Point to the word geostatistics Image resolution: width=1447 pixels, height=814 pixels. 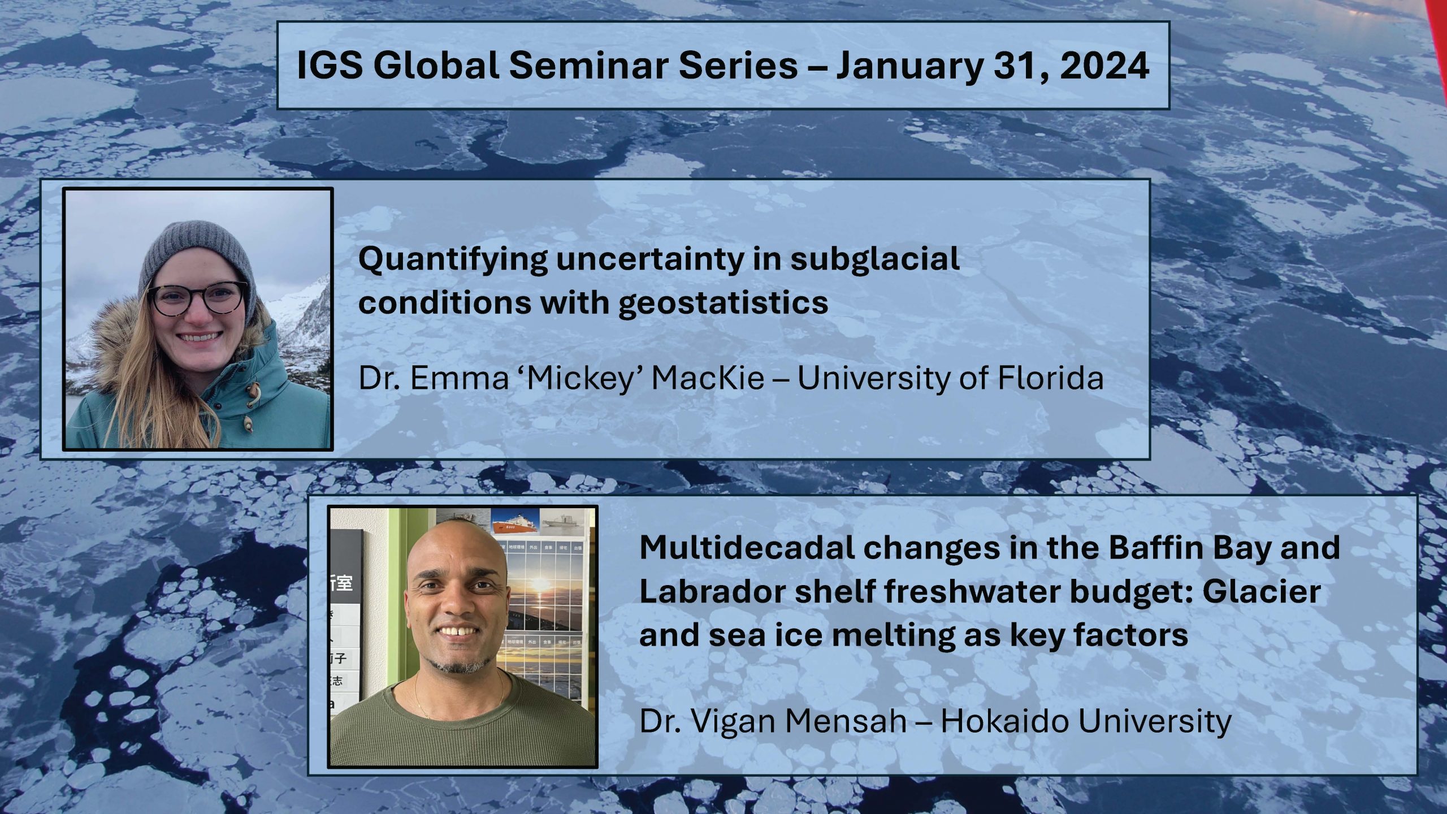pos(723,304)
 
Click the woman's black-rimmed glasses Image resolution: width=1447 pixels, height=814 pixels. pos(198,298)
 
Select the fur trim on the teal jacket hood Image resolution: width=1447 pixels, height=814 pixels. pos(113,350)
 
